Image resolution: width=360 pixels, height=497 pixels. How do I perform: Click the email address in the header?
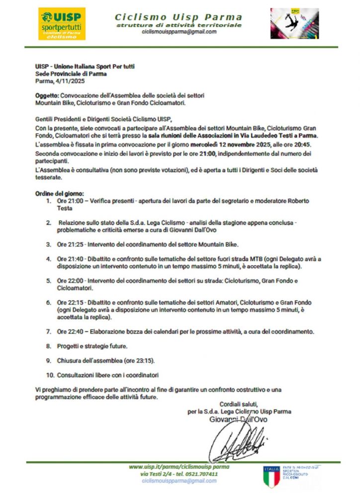click(179, 32)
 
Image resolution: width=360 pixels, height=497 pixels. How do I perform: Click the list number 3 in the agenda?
click(48, 245)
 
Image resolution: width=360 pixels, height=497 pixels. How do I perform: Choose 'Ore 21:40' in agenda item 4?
click(69, 259)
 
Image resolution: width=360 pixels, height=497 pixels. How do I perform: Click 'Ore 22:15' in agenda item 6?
click(69, 302)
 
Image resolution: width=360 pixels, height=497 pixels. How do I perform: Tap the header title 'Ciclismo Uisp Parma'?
click(179, 16)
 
